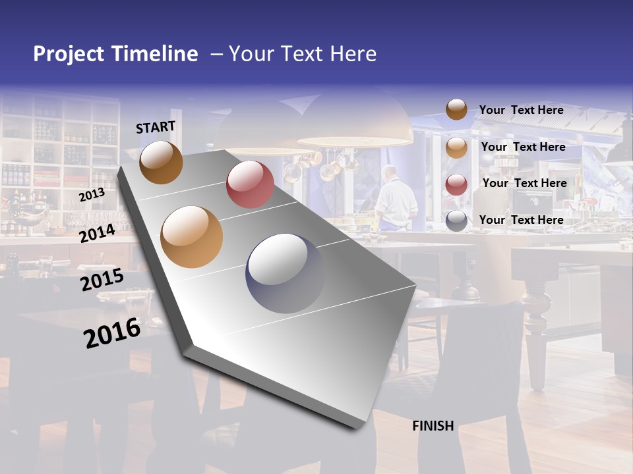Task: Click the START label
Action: click(x=156, y=127)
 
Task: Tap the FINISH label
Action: click(x=433, y=426)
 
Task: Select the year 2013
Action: click(x=92, y=194)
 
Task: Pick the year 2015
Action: click(x=102, y=279)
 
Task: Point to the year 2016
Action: click(x=112, y=333)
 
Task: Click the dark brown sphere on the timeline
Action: click(x=161, y=162)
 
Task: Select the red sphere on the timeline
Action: click(x=250, y=184)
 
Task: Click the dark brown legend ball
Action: click(x=456, y=110)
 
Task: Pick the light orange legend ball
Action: click(x=456, y=147)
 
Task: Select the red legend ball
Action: click(x=456, y=184)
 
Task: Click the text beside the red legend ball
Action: click(x=524, y=183)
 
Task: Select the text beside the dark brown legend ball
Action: click(x=521, y=110)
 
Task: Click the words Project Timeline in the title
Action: click(x=115, y=54)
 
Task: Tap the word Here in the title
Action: click(x=353, y=54)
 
